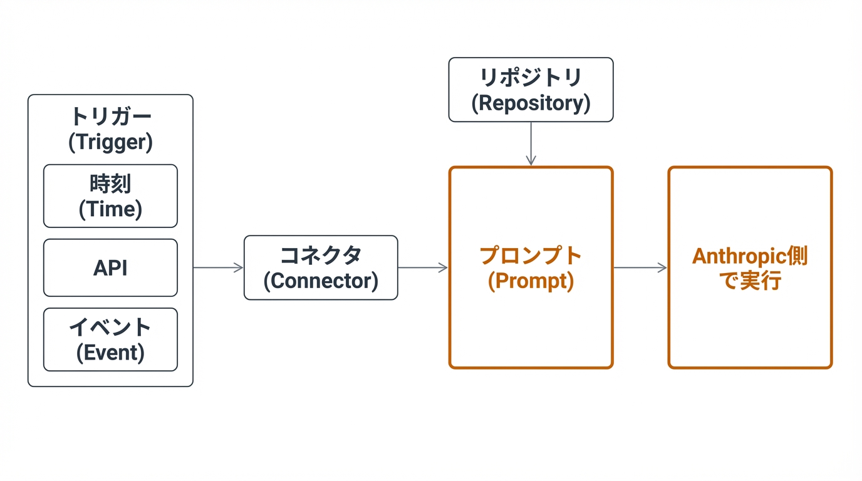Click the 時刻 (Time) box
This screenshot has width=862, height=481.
pos(110,196)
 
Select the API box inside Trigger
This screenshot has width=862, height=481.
pos(110,268)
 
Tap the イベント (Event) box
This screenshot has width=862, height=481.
pos(110,339)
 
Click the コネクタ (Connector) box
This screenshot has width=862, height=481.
pos(321,268)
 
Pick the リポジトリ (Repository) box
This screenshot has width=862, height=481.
pos(531,90)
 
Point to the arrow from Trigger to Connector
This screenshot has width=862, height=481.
pos(218,268)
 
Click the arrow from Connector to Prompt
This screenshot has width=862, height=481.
pos(423,268)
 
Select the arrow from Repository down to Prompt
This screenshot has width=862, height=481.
pos(531,143)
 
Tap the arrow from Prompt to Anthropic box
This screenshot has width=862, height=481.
pos(640,268)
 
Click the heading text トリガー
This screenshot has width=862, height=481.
pos(110,116)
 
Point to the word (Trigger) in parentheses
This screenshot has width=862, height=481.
pos(110,142)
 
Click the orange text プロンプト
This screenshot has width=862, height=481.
pos(531,256)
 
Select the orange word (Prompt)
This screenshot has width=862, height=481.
pos(531,281)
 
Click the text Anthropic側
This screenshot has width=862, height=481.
pos(750,256)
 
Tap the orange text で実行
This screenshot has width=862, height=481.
pos(750,281)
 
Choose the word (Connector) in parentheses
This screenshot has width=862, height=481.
pos(321,281)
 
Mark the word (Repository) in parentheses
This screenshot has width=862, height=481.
pos(531,103)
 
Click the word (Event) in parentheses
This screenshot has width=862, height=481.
pos(110,353)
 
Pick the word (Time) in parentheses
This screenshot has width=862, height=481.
pos(110,209)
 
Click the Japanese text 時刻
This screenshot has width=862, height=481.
pos(110,184)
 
